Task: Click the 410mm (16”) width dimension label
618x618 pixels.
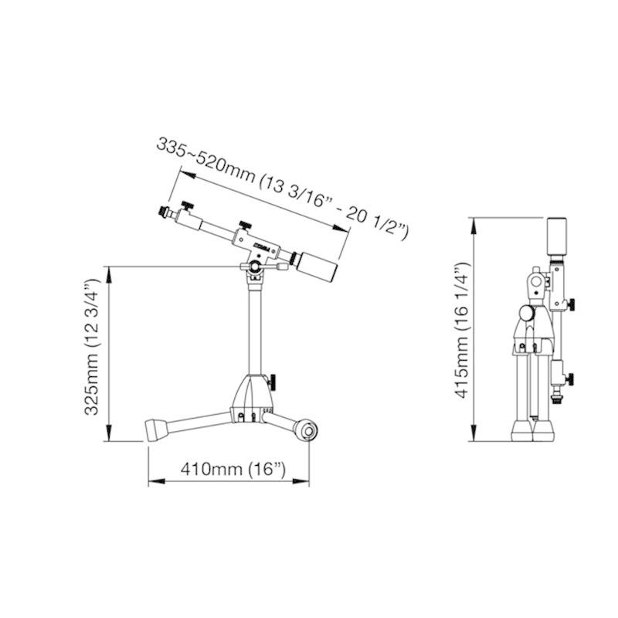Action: pos(233,469)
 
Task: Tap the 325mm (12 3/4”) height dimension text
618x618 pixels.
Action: pos(92,346)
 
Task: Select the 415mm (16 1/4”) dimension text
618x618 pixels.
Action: pos(462,330)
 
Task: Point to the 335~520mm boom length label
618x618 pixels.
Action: pos(283,188)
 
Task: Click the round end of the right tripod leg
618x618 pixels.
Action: pos(306,430)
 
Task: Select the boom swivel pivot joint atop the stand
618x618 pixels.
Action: pos(255,267)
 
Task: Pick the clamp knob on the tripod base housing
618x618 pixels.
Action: pos(272,381)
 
